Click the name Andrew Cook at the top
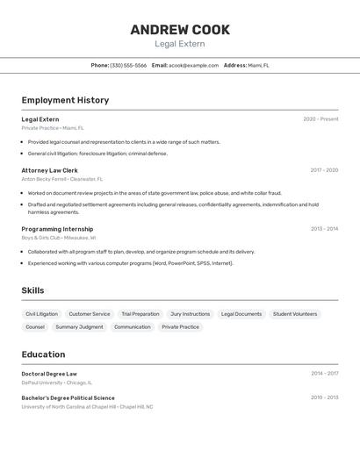pyautogui.click(x=180, y=30)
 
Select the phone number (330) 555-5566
pyautogui.click(x=128, y=65)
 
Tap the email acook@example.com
pyautogui.click(x=193, y=65)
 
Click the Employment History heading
pyautogui.click(x=65, y=100)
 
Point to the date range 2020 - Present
pyautogui.click(x=320, y=119)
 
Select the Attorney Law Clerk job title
pyautogui.click(x=49, y=170)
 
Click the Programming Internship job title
pyautogui.click(x=57, y=229)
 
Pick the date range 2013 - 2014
pyautogui.click(x=324, y=229)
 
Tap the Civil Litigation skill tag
pyautogui.click(x=41, y=314)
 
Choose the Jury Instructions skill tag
pyautogui.click(x=190, y=314)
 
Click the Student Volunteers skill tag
pyautogui.click(x=295, y=314)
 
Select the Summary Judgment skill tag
pyautogui.click(x=79, y=327)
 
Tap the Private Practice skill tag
pyautogui.click(x=180, y=327)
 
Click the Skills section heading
pyautogui.click(x=32, y=290)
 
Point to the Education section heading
pyautogui.click(x=43, y=354)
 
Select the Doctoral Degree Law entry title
pyautogui.click(x=49, y=374)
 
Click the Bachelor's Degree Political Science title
pyautogui.click(x=68, y=397)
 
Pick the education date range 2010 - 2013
pyautogui.click(x=324, y=397)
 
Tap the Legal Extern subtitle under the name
pyautogui.click(x=180, y=44)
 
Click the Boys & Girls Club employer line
pyautogui.click(x=59, y=238)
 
